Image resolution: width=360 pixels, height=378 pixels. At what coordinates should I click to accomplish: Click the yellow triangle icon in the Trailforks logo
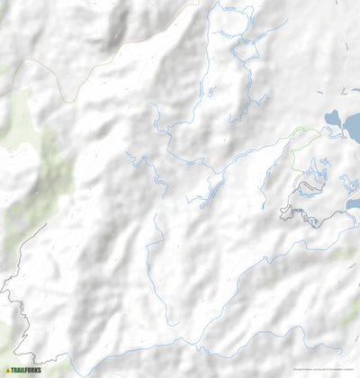[8, 369]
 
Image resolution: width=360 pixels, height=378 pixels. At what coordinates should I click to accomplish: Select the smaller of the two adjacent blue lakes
[333, 119]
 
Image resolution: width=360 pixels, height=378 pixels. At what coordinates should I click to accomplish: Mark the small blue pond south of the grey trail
[352, 204]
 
